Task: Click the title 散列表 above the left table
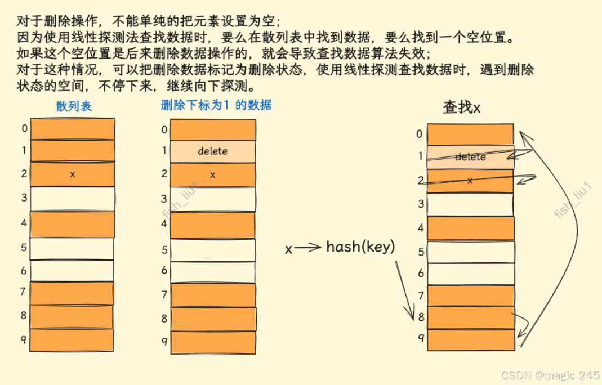pos(74,106)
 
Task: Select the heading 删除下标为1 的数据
pos(216,105)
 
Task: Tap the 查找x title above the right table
pos(461,108)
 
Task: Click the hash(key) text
pos(361,247)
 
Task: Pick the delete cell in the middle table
pos(213,151)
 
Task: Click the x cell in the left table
pos(72,174)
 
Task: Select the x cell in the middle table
pos(213,175)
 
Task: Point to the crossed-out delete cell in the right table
pos(470,157)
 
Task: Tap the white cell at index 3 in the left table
pos(72,198)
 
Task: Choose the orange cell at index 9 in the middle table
pos(213,342)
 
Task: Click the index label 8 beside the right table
pos(420,317)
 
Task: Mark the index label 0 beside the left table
pos(24,128)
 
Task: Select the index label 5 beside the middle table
pos(164,250)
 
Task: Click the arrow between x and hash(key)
pos(309,248)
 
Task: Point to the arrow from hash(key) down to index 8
pos(406,290)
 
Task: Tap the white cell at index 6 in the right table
pos(470,274)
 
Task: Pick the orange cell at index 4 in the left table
pos(72,223)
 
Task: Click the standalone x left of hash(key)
pos(289,249)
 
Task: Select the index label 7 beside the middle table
pos(164,294)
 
